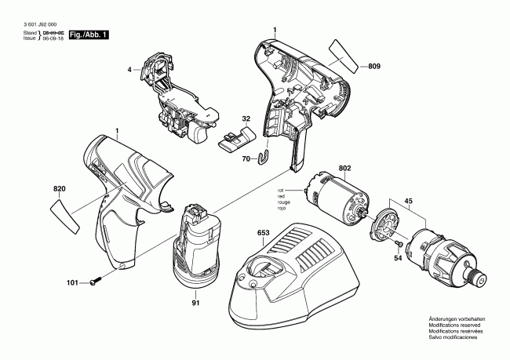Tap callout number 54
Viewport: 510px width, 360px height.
(397, 258)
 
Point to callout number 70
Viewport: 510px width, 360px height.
(246, 158)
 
